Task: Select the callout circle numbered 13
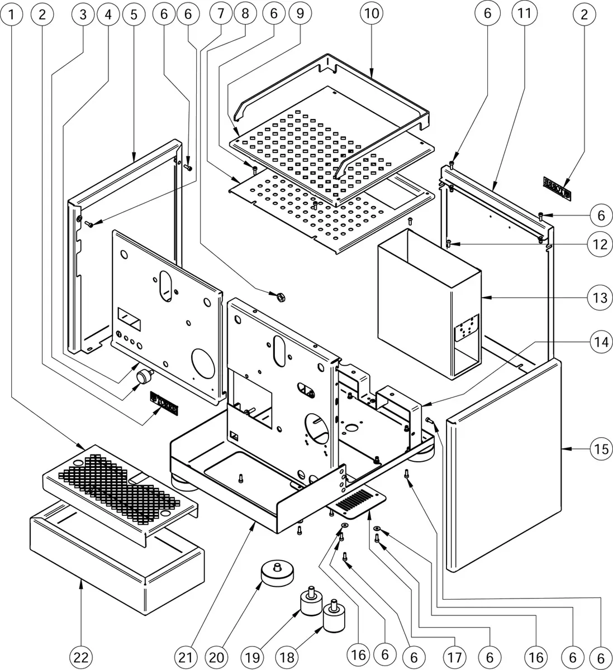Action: (x=600, y=298)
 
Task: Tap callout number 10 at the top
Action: (x=372, y=15)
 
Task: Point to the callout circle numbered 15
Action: (x=600, y=448)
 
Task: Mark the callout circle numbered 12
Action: (x=600, y=244)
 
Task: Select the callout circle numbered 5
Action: (x=134, y=15)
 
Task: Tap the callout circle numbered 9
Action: (x=300, y=15)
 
